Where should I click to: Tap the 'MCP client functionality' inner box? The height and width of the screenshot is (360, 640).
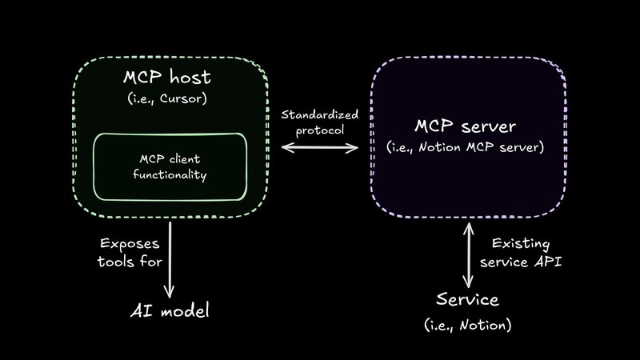pos(170,166)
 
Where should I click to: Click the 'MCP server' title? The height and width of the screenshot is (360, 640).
pos(466,126)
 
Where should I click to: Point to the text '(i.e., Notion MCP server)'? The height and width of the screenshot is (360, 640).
pos(466,148)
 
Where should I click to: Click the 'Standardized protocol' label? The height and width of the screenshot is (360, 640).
pos(320,122)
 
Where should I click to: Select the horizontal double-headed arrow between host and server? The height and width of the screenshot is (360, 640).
pos(319,148)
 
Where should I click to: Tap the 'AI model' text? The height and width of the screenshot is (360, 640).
pos(170,310)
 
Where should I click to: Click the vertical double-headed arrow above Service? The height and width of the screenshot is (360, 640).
pos(468,256)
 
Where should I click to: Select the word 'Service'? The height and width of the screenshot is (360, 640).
pos(468,300)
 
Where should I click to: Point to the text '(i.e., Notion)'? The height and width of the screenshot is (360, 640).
pos(468,325)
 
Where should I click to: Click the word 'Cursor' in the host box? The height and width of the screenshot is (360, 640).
pos(186,100)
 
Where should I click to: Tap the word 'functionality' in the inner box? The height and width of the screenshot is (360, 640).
pos(170,173)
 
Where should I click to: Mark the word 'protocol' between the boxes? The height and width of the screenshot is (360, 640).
pos(320,129)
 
